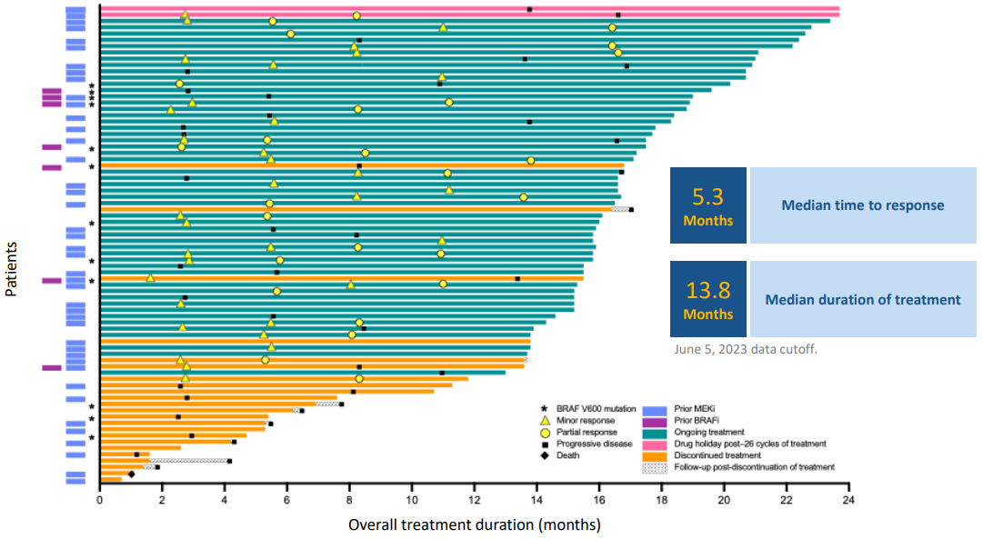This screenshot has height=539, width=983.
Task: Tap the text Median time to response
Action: point(862,205)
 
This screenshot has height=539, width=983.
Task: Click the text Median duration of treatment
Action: point(862,299)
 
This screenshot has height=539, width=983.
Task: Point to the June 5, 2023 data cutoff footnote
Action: point(750,348)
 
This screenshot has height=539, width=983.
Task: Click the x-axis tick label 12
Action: point(475,498)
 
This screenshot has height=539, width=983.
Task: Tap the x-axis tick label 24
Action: point(848,498)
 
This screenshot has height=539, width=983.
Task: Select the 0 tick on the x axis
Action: point(100,498)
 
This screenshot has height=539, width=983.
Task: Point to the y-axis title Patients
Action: point(12,269)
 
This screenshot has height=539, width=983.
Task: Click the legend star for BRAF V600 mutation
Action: point(545,409)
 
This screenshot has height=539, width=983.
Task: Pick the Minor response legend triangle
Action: point(545,421)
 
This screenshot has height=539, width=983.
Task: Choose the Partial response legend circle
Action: point(545,433)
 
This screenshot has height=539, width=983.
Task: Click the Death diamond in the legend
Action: point(545,455)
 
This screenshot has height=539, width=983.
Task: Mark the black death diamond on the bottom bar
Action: point(131,474)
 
